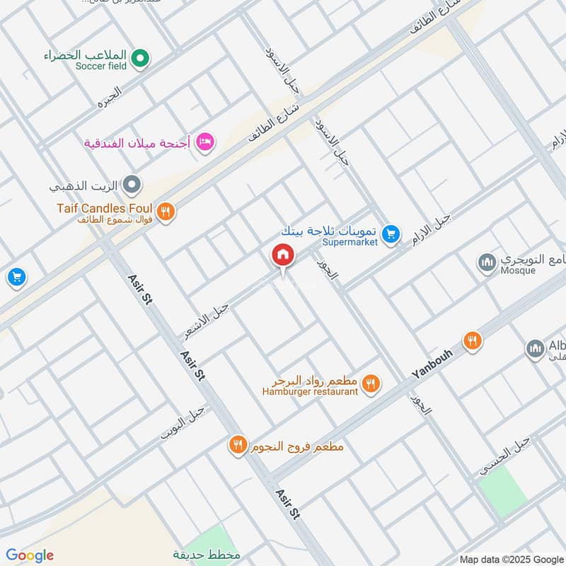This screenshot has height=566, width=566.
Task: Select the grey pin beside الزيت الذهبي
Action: [x=132, y=186]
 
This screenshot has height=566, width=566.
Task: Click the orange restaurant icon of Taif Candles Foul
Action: [x=166, y=210]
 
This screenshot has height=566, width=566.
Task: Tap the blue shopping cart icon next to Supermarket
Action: [x=390, y=233]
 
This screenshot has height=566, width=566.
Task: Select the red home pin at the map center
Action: [x=282, y=255]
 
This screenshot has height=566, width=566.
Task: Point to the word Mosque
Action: [x=518, y=270]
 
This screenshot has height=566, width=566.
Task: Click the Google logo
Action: [x=30, y=555]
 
